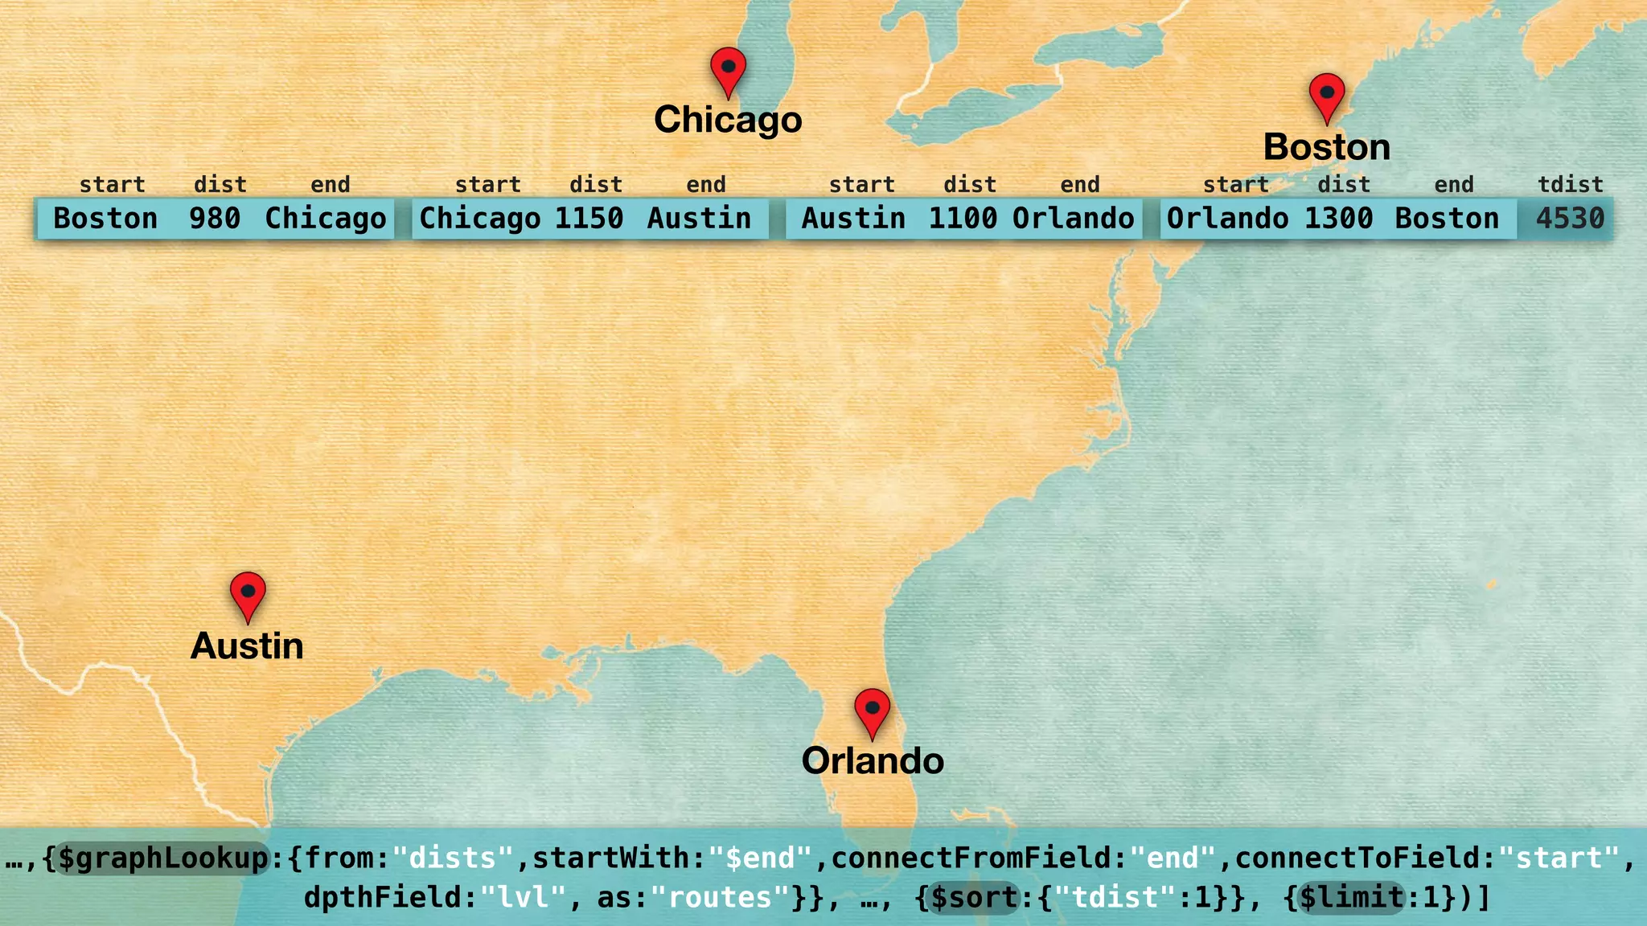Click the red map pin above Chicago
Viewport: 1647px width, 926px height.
[x=728, y=69]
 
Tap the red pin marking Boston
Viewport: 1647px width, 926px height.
[x=1327, y=95]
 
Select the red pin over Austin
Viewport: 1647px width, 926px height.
[x=248, y=594]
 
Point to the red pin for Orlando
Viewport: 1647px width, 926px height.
[x=872, y=710]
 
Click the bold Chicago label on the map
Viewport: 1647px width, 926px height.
[x=728, y=120]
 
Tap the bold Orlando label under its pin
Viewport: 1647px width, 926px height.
[x=873, y=761]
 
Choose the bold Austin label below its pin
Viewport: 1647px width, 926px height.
[x=247, y=646]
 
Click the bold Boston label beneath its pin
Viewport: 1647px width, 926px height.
[x=1327, y=147]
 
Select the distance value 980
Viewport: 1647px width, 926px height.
[x=215, y=219]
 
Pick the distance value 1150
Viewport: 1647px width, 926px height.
[x=589, y=219]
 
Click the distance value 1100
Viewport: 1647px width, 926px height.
[x=963, y=219]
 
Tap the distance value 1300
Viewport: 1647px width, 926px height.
[x=1338, y=219]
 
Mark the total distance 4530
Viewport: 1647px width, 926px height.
[x=1570, y=219]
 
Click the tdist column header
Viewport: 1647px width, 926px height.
[x=1571, y=185]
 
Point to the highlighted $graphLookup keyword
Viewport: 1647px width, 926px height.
[x=162, y=858]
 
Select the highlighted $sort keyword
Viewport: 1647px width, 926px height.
[x=975, y=898]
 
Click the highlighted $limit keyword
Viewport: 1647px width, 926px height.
[x=1351, y=898]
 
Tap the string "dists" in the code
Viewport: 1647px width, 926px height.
[x=453, y=858]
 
